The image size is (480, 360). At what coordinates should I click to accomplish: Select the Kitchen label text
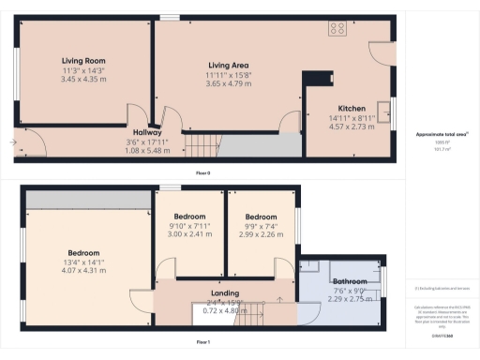[352, 109]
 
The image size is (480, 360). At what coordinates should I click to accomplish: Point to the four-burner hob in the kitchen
[337, 29]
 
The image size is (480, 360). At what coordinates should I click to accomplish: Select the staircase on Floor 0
[204, 145]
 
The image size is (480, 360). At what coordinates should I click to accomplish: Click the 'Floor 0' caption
[202, 173]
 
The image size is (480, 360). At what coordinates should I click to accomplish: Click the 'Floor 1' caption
[202, 343]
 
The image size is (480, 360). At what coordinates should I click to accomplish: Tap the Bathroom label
[351, 280]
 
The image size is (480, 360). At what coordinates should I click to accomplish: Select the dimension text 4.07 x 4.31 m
[83, 271]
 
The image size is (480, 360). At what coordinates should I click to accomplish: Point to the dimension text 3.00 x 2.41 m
[189, 235]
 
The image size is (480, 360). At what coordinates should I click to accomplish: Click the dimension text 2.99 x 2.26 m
[262, 235]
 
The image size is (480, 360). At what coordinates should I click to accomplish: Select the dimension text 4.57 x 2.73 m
[352, 127]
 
